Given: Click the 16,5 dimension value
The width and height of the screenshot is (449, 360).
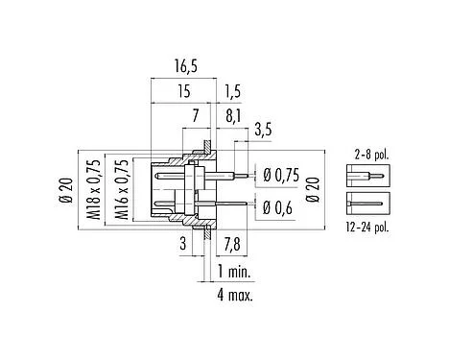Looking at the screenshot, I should coord(185,66).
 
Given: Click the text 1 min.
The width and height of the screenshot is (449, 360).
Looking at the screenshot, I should coord(236,272).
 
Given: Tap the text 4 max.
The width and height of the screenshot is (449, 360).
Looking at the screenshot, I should coord(236,295).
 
